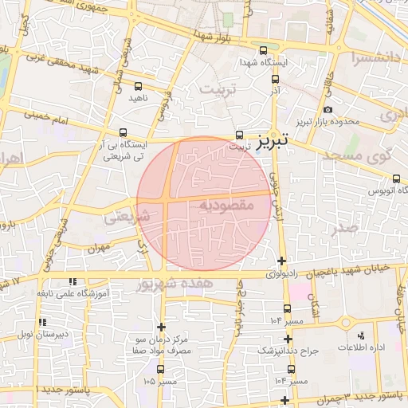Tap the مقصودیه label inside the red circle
226,205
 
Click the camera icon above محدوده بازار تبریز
328,110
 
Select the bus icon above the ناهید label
139,85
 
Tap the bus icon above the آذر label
275,80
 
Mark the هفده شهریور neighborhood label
175,283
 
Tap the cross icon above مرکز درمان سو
162,327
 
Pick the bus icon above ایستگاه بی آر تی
123,133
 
